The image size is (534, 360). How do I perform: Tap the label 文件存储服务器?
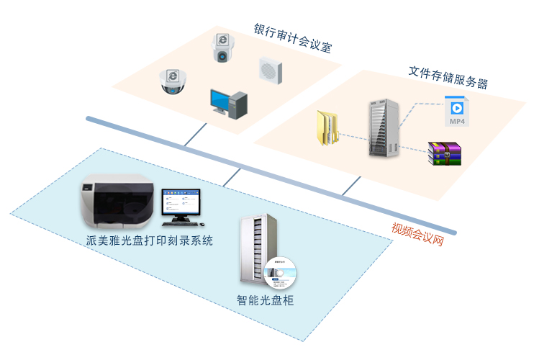pyautogui.click(x=448, y=78)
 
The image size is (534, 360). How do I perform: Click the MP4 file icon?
pyautogui.click(x=456, y=111)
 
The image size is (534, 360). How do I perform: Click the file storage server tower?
pyautogui.click(x=382, y=128)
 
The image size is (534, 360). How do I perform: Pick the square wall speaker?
pyautogui.click(x=270, y=70)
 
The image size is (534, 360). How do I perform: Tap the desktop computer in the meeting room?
pyautogui.click(x=229, y=102)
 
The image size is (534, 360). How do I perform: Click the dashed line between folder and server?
pyautogui.click(x=353, y=136)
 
